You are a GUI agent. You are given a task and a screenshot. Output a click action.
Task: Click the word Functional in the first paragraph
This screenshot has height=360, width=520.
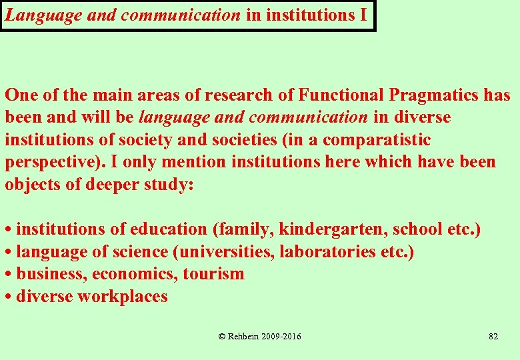pos(340,95)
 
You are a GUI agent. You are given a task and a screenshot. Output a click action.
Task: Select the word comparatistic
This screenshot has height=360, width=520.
pos(377,140)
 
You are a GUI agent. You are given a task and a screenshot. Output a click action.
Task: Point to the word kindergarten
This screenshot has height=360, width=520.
pos(333,229)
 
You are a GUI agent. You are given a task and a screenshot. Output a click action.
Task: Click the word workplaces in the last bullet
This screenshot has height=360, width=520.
pos(123,297)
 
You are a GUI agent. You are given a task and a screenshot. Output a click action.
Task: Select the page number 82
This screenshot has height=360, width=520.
pos(493,337)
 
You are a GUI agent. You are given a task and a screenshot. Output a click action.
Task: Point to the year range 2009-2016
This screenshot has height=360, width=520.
pos(283,337)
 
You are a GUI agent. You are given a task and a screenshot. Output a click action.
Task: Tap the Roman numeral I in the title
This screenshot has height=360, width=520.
pos(363,15)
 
